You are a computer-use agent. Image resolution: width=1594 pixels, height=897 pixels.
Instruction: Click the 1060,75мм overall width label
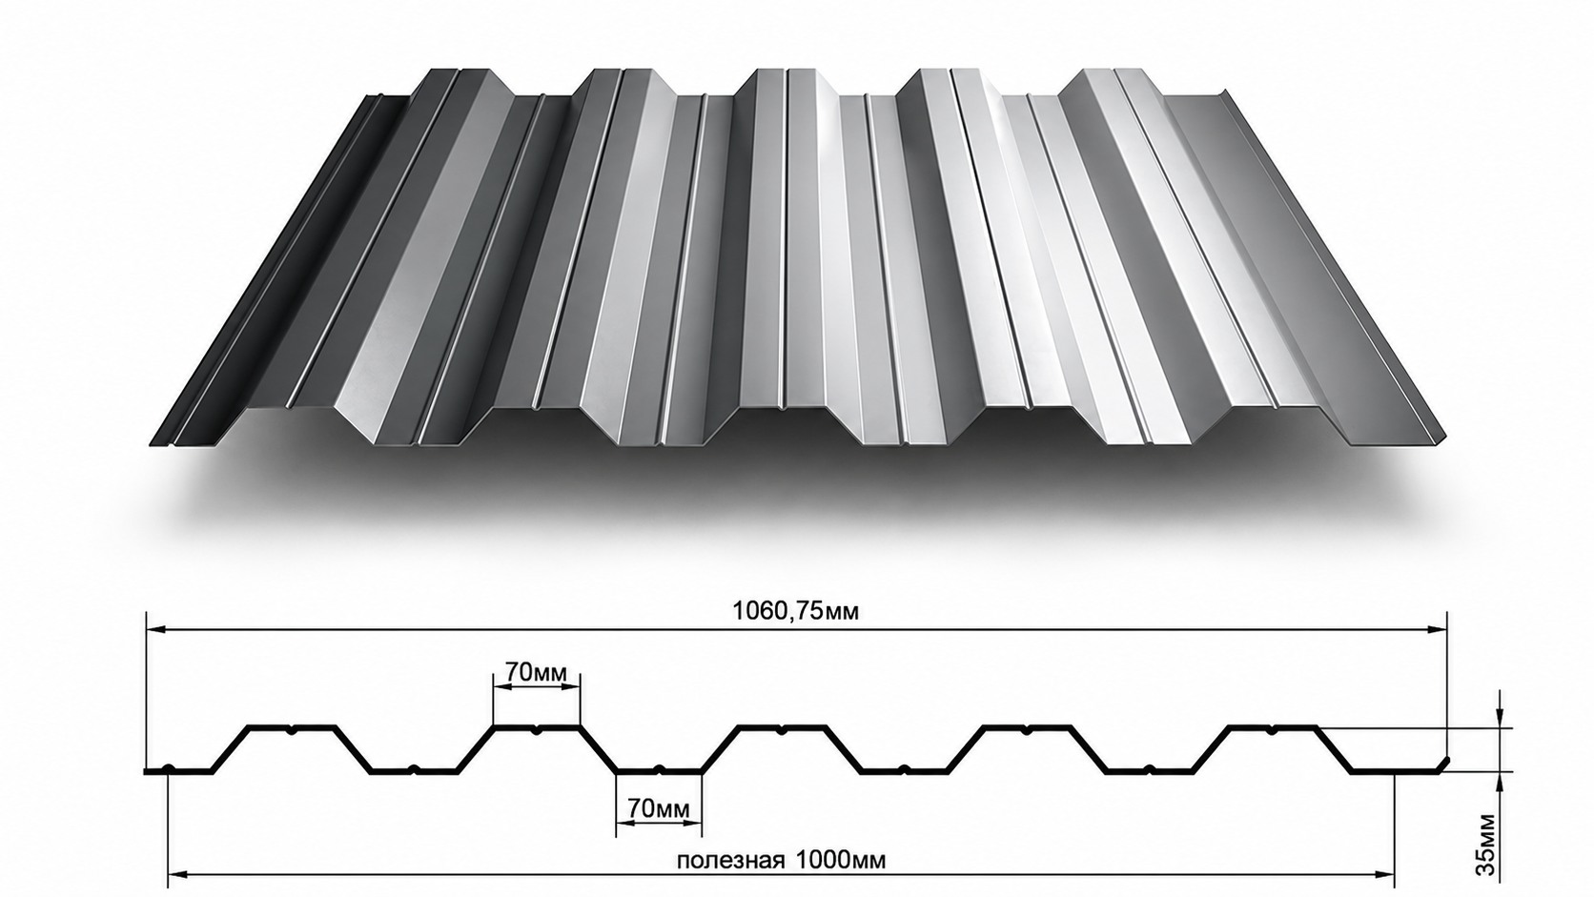pos(796,610)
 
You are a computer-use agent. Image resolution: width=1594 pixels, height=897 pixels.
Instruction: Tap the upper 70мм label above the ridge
pos(536,671)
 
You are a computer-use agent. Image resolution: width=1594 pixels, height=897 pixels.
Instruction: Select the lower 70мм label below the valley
pos(658,808)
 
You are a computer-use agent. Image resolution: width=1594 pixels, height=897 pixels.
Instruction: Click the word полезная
pos(731,861)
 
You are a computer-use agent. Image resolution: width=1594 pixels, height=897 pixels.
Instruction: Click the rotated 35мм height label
pos(1485,853)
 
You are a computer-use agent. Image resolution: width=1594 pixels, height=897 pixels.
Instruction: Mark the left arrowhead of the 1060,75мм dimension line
pos(155,629)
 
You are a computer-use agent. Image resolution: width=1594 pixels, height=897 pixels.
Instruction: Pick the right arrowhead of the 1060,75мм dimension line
pos(1437,629)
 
